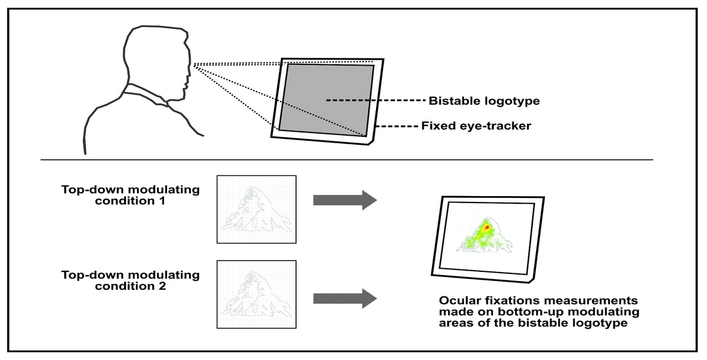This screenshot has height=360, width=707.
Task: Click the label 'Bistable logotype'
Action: pyautogui.click(x=483, y=101)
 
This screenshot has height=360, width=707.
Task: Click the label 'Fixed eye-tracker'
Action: pyautogui.click(x=476, y=126)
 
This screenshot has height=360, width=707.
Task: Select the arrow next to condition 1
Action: pyautogui.click(x=344, y=200)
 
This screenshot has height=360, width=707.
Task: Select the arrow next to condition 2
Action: pyautogui.click(x=344, y=298)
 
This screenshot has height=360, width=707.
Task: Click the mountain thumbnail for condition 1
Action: pyautogui.click(x=256, y=209)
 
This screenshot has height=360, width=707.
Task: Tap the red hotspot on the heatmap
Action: pyautogui.click(x=487, y=228)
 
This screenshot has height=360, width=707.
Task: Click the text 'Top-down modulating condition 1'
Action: pyautogui.click(x=130, y=195)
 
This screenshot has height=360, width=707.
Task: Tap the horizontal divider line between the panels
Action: pyautogui.click(x=347, y=159)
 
